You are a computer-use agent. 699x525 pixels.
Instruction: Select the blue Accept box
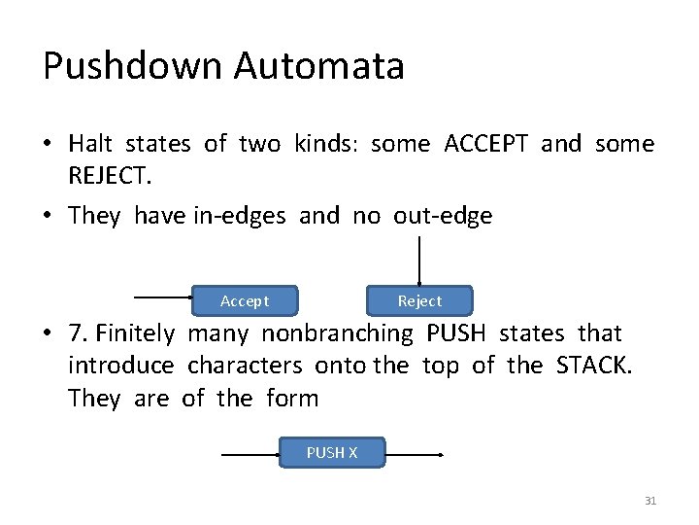tap(245, 300)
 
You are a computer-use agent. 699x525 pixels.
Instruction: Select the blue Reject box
tap(419, 300)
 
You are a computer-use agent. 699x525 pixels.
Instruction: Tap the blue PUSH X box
tap(332, 452)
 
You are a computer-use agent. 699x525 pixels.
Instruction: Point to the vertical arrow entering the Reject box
tap(418, 259)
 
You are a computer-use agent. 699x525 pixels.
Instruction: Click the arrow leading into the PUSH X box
tap(250, 454)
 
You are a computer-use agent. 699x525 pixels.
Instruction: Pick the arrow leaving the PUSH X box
tap(415, 454)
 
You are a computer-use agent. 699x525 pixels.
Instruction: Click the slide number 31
tap(650, 501)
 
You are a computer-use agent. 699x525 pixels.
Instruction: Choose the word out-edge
tap(443, 215)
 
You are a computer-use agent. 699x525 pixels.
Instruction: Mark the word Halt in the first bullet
tap(90, 144)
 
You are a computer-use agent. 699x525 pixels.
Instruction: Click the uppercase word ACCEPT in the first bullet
tap(485, 144)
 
